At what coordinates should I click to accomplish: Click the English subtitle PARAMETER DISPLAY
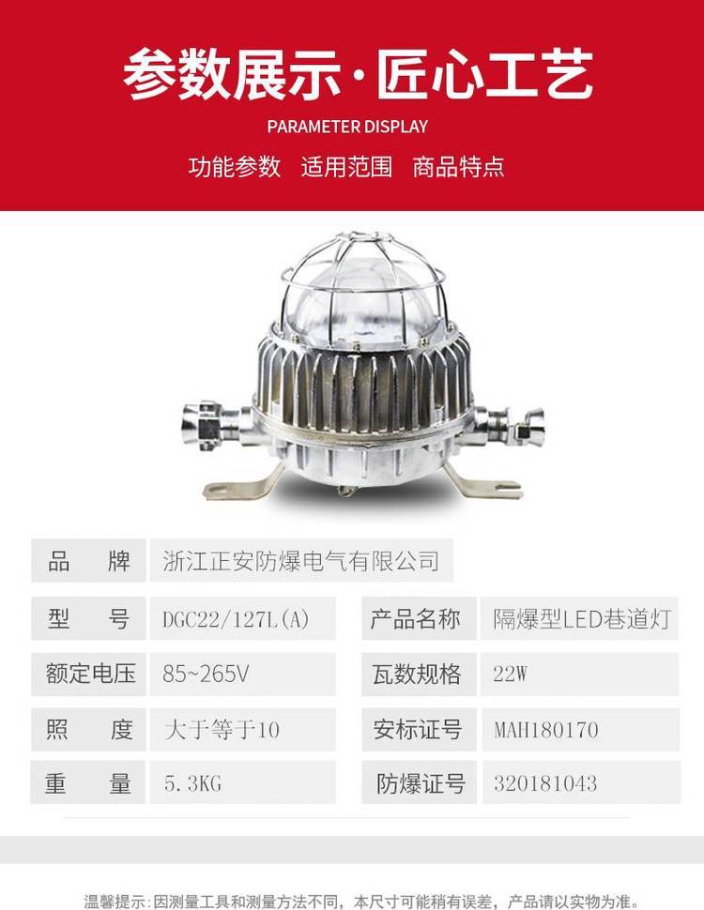(347, 127)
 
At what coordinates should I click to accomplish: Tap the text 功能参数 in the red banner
(235, 167)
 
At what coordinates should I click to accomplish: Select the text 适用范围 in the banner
(346, 167)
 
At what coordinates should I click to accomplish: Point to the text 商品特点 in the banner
(459, 167)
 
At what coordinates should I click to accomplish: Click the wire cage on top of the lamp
(363, 273)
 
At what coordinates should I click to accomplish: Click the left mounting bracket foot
(238, 486)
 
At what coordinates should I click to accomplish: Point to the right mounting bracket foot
(485, 485)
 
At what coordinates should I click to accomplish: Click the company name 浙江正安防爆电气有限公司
(301, 561)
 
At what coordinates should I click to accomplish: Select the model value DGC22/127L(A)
(236, 619)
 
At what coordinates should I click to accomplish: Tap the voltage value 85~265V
(207, 674)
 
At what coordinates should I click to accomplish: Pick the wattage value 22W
(510, 674)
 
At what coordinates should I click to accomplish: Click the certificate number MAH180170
(546, 730)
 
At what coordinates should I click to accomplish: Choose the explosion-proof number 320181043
(545, 783)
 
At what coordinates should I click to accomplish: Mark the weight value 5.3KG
(192, 784)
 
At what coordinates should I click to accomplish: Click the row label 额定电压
(91, 674)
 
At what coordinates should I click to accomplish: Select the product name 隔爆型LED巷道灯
(582, 619)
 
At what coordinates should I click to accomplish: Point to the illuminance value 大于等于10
(222, 730)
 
